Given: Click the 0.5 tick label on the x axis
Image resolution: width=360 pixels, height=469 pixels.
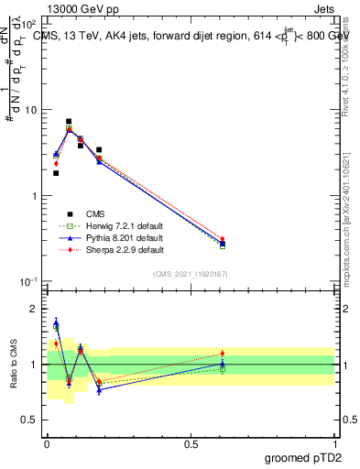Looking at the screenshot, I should tap(191, 442).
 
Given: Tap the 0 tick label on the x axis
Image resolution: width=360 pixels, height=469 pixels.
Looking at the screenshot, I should tap(47, 442).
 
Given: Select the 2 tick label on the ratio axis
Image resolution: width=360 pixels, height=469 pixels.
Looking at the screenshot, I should tap(33, 309).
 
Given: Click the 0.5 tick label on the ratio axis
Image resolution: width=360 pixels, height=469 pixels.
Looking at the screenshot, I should tap(29, 420).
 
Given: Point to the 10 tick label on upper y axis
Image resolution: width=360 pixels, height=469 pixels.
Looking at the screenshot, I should tap(28, 110).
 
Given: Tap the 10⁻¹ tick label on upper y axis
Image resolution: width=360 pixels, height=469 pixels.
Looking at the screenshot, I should tap(27, 282).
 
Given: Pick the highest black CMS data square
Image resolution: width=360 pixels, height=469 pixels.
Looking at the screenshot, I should tap(69, 121).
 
